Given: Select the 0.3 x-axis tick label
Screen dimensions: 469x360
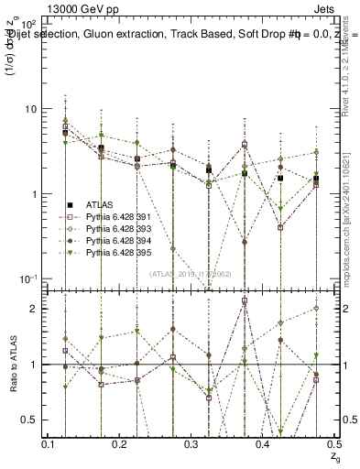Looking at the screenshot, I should tap(191, 443).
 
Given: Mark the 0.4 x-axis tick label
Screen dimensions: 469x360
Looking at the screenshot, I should tap(262, 443).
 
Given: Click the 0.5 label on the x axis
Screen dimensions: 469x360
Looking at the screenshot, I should tap(332, 443).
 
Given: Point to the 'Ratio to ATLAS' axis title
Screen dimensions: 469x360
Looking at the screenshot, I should tap(11, 364).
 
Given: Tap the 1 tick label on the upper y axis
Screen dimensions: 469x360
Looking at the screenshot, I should tap(34, 194).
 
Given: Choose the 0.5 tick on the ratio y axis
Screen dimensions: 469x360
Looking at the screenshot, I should tap(29, 420).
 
